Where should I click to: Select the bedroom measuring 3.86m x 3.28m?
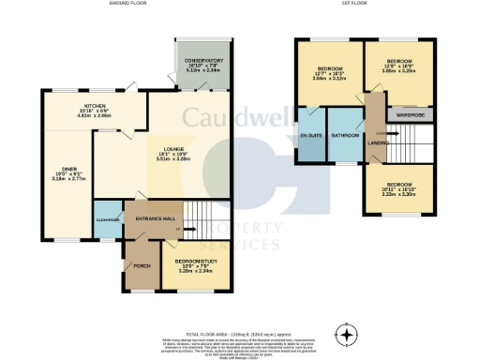pos(397,70)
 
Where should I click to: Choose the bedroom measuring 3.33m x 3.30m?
pos(397,189)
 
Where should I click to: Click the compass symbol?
pos(349,334)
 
